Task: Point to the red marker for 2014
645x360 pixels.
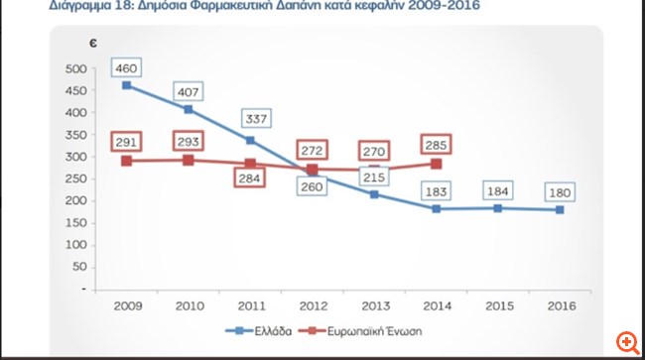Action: click(x=436, y=164)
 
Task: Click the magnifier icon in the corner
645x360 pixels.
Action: click(x=625, y=340)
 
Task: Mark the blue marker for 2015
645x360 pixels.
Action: click(x=497, y=208)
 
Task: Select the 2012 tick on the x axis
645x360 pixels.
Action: click(x=313, y=304)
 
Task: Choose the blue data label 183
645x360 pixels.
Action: click(x=436, y=189)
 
